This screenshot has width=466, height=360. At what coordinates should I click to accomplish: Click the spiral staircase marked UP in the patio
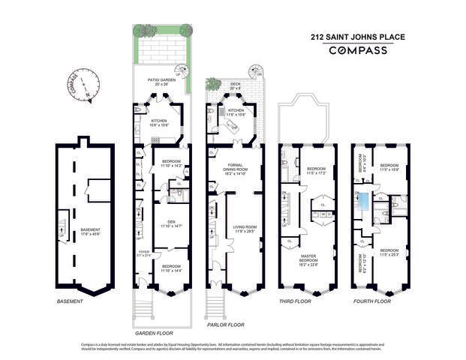point(180,71)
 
